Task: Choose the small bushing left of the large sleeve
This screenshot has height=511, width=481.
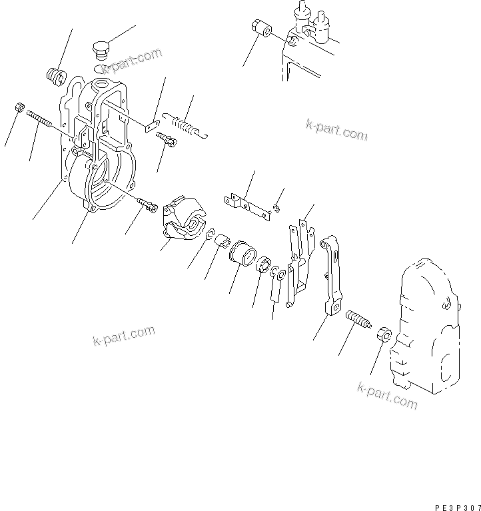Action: click(222, 239)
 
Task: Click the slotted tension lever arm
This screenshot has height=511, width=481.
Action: click(333, 273)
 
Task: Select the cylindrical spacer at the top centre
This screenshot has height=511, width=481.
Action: click(260, 31)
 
